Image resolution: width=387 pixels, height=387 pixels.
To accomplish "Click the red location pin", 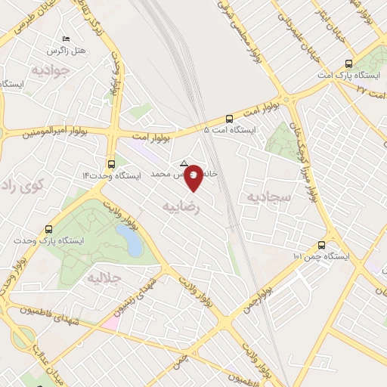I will [194, 178].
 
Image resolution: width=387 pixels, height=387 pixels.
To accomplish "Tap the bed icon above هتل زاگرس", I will [66, 39].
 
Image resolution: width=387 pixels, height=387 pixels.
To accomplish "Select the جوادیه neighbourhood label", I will [51, 70].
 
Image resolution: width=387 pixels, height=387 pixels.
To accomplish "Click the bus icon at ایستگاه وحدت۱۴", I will [112, 163].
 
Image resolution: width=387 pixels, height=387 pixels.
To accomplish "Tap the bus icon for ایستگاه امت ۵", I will [229, 118].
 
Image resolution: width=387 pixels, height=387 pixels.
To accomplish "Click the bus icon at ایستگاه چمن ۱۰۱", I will [322, 245].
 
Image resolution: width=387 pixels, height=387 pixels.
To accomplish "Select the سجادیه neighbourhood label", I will [265, 197].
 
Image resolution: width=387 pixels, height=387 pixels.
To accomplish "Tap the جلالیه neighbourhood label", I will [105, 277].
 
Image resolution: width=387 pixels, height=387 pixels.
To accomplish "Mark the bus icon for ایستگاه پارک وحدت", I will [49, 229].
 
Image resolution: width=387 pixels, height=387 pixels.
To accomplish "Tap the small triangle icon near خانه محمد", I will [184, 163].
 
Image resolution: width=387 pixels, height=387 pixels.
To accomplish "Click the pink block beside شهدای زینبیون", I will [110, 323].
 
